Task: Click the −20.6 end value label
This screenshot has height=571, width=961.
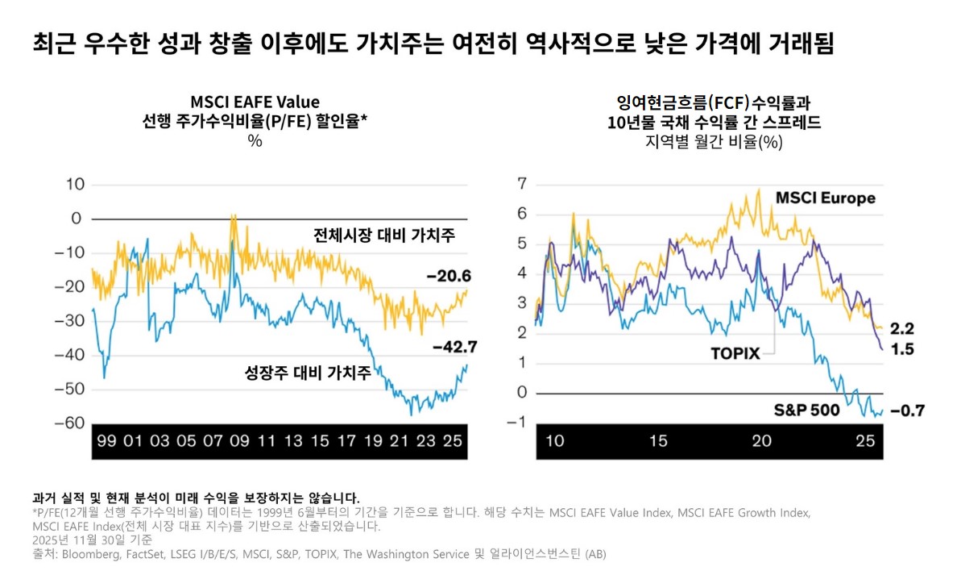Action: (448, 277)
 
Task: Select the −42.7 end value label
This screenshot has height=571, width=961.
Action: (455, 348)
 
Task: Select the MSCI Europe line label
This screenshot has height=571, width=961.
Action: (825, 198)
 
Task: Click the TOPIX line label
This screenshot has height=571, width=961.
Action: (735, 353)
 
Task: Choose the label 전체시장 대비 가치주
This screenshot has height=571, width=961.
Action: (384, 235)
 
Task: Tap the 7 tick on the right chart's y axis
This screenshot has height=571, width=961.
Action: (521, 184)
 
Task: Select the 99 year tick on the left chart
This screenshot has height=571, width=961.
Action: (106, 441)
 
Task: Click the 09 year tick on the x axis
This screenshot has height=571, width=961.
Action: (238, 441)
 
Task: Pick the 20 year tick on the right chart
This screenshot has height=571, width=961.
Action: (761, 441)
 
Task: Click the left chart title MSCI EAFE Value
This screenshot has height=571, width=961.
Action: (255, 102)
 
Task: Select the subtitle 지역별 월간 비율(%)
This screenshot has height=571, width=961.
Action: (714, 142)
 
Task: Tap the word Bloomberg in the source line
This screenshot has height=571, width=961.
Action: (89, 555)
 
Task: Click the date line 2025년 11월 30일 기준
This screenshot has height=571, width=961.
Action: (93, 540)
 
